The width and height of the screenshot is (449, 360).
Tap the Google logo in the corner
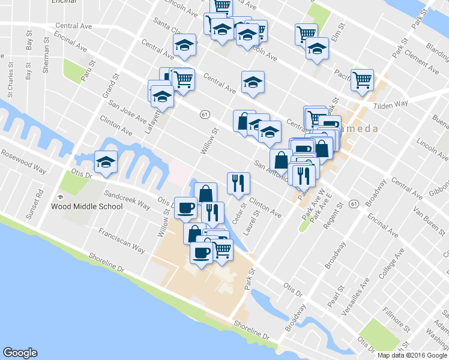pyautogui.click(x=20, y=353)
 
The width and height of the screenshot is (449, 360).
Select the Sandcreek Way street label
pyautogui.click(x=127, y=200)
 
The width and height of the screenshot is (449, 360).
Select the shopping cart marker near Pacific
pyautogui.click(x=363, y=80)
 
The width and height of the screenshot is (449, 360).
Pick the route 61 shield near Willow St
pyautogui.click(x=205, y=113)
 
